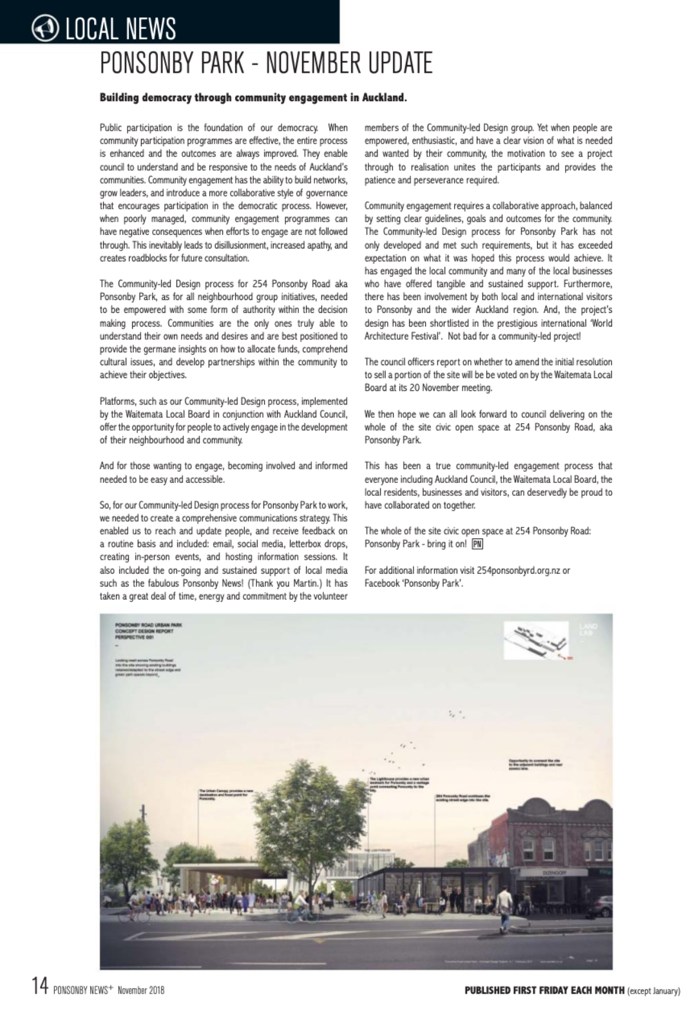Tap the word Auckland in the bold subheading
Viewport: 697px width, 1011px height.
(381, 99)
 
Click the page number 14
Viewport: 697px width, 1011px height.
(39, 985)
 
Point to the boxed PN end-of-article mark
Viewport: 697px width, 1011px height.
(477, 544)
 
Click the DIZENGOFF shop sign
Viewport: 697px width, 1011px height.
(540, 873)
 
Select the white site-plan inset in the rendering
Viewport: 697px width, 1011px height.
(536, 642)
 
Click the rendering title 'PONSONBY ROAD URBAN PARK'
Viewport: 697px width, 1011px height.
(140, 625)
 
